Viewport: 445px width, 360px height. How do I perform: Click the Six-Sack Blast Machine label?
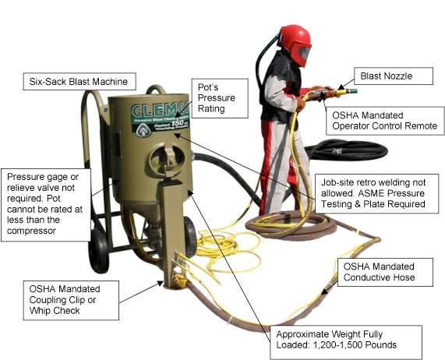point(79,82)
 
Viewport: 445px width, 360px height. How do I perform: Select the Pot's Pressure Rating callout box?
point(220,98)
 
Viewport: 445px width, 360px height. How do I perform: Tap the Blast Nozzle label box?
point(394,76)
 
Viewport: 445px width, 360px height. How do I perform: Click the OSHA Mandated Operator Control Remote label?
point(385,121)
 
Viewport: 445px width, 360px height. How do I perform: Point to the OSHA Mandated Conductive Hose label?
point(385,272)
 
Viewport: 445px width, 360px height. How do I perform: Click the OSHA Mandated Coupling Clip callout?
point(71,301)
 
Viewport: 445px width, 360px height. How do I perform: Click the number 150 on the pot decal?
point(178,124)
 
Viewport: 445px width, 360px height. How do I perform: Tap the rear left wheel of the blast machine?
point(98,250)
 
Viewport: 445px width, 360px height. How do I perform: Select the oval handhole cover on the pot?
point(167,160)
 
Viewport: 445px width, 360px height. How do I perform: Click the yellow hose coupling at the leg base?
point(179,280)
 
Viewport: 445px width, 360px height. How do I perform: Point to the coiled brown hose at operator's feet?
point(291,225)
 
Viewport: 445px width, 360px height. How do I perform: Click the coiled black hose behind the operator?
point(346,150)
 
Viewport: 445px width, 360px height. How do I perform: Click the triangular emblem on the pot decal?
point(143,131)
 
